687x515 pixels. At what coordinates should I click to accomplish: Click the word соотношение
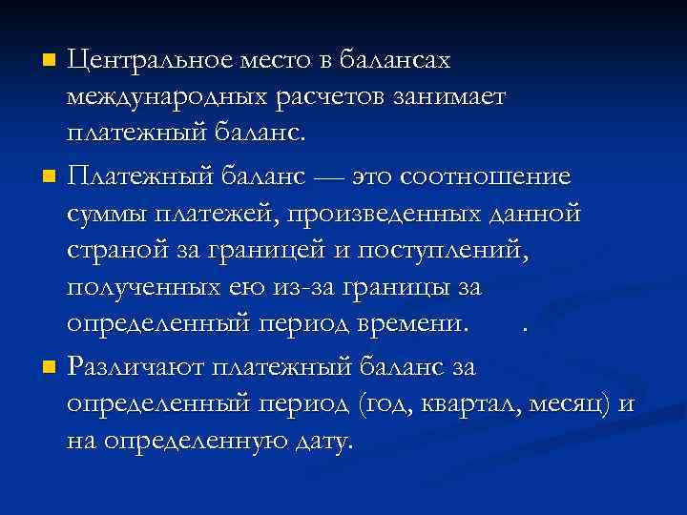(x=490, y=176)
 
